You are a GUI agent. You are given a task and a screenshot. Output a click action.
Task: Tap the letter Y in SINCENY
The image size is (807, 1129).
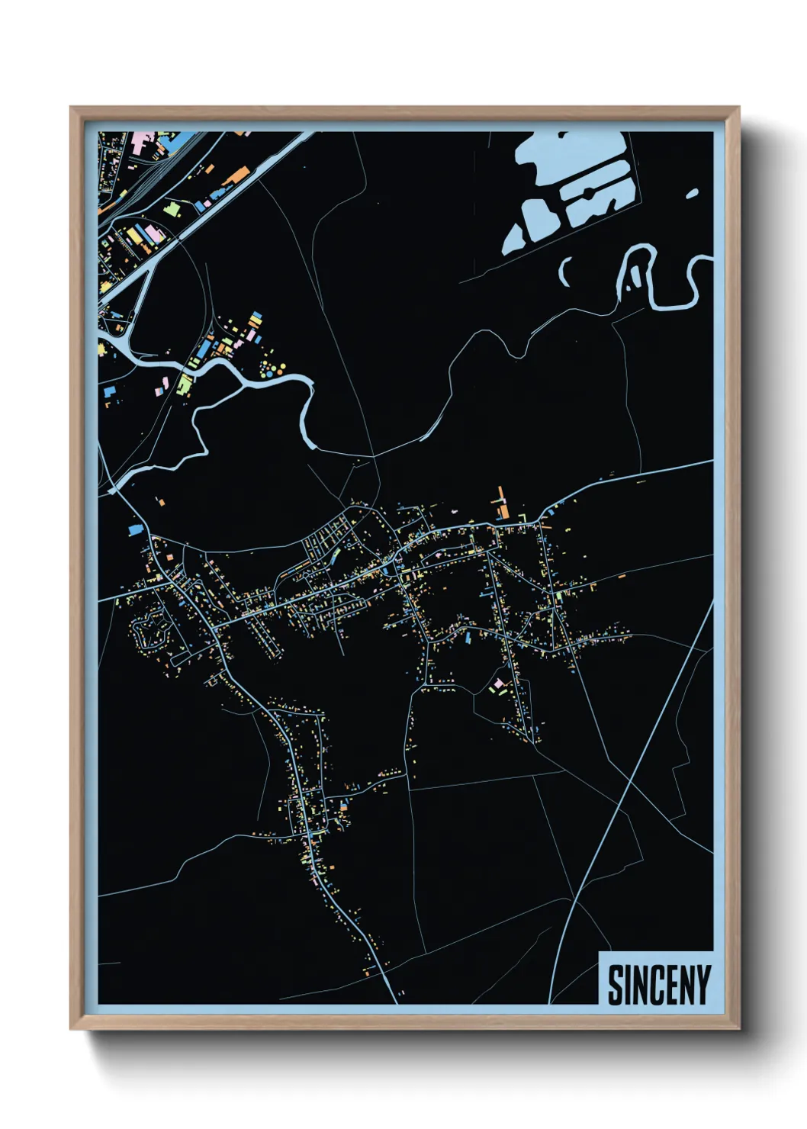[703, 985]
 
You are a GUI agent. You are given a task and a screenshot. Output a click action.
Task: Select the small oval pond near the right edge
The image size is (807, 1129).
[692, 194]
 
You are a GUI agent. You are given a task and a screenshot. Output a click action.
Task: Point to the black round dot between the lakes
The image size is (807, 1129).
[590, 191]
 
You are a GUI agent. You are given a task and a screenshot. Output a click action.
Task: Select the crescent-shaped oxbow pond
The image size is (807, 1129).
[566, 271]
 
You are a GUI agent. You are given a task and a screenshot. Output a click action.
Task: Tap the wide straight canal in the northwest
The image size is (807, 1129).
[206, 214]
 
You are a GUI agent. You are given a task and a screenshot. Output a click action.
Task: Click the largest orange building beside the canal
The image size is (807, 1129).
[236, 176]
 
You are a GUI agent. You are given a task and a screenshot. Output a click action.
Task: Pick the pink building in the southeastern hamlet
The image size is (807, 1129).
[499, 684]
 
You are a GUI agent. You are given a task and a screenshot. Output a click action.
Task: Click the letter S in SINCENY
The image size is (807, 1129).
[616, 985]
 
